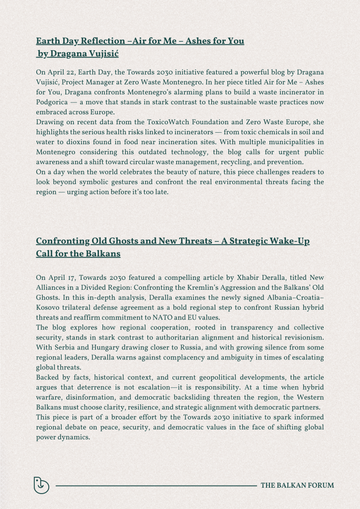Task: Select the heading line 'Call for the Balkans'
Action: point(78,254)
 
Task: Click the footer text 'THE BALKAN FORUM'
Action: point(297,485)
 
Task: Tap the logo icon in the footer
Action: point(41,485)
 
